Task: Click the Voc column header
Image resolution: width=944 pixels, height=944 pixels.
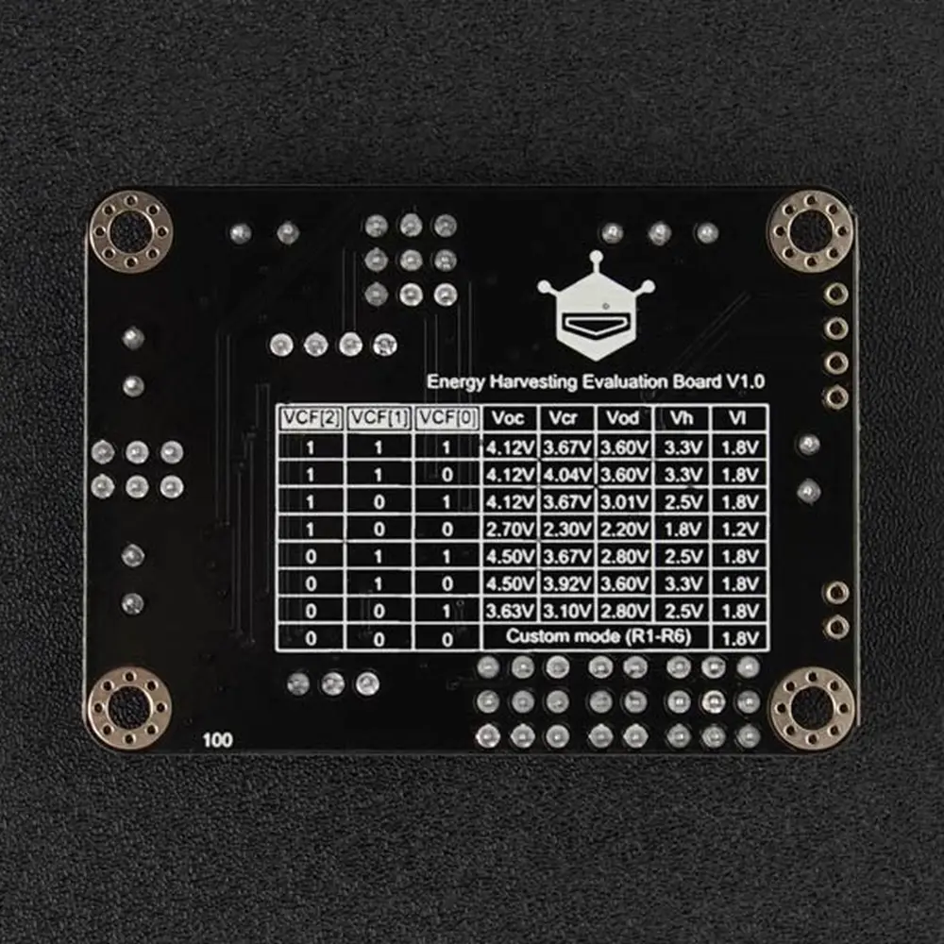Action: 508,418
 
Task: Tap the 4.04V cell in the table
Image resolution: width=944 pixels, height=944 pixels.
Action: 566,475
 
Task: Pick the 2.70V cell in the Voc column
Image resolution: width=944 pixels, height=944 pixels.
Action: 510,530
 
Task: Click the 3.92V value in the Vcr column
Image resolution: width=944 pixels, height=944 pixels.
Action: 566,584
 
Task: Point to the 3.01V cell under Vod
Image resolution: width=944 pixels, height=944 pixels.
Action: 624,502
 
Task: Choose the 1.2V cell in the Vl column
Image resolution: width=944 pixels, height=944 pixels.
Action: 739,530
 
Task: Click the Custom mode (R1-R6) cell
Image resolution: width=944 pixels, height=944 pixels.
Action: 598,636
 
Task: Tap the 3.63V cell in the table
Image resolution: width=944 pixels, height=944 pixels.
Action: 510,611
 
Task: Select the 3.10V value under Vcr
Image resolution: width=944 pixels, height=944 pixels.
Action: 566,611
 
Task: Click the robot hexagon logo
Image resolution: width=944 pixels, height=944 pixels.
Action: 596,306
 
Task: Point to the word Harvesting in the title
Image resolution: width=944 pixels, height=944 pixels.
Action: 532,382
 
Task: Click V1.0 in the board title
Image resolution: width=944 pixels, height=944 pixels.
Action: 746,381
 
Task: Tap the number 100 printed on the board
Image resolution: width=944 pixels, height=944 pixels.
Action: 217,740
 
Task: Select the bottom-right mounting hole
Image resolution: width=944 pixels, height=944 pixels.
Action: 812,709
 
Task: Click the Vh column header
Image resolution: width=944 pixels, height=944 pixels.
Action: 682,418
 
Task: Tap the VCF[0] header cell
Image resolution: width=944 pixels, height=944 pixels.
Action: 447,418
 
